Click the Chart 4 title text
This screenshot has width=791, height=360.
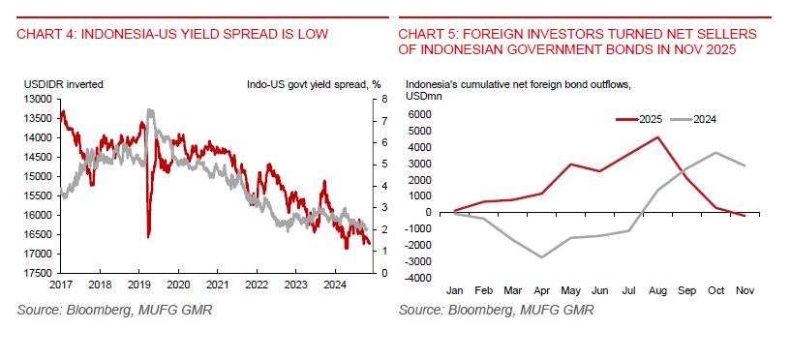(x=172, y=34)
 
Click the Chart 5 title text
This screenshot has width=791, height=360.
(x=577, y=42)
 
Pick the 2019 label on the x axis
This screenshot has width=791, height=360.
(x=138, y=285)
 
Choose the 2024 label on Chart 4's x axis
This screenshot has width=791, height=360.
(x=334, y=285)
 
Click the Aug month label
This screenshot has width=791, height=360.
(x=657, y=290)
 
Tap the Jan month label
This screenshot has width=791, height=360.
(x=455, y=290)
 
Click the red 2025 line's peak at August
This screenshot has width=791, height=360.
(x=657, y=136)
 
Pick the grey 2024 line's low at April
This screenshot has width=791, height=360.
(x=541, y=257)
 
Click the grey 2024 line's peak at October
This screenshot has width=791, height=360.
(x=715, y=152)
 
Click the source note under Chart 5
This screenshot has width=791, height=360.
(x=496, y=310)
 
